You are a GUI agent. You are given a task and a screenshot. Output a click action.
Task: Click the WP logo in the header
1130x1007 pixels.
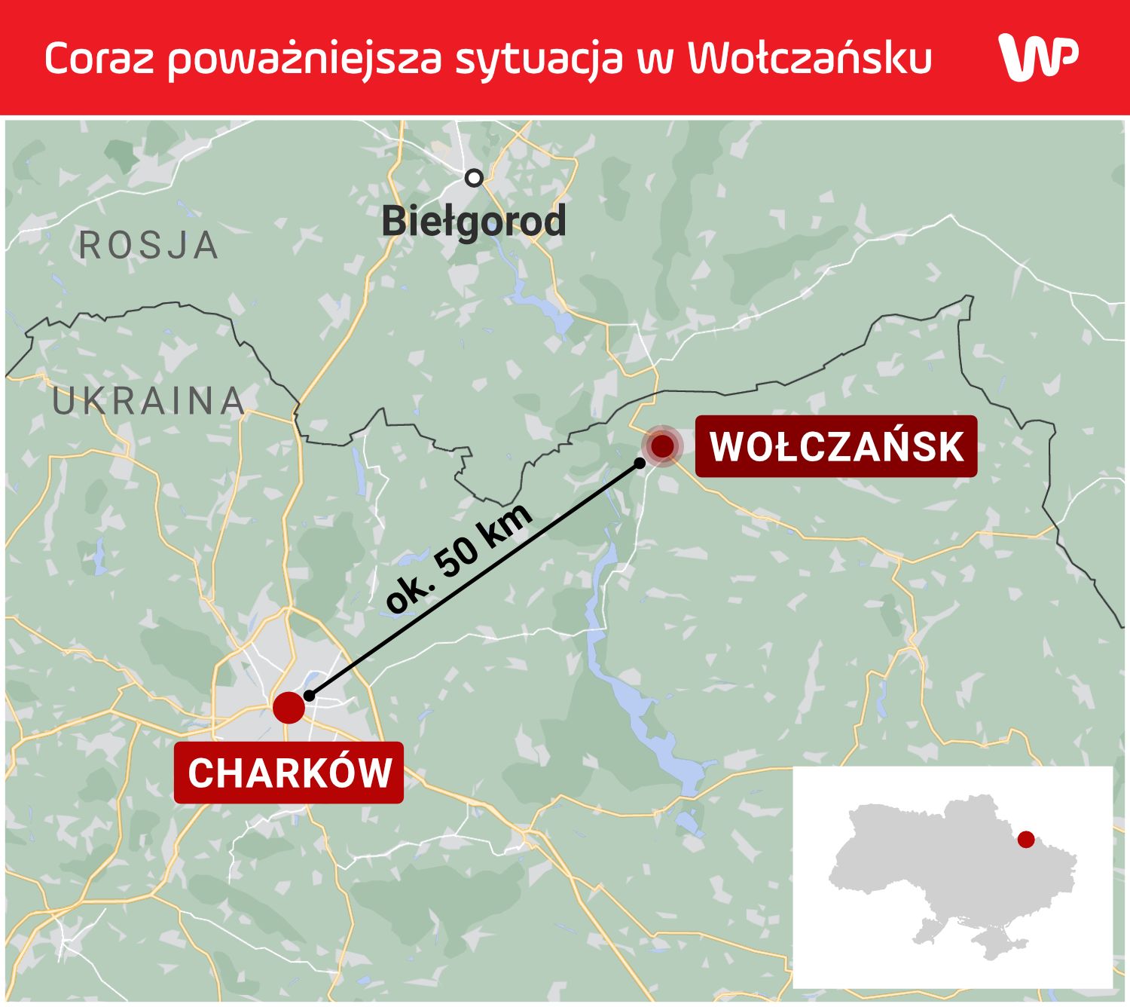(1037, 57)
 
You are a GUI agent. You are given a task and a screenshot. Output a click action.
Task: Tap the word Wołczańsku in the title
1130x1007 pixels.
(810, 58)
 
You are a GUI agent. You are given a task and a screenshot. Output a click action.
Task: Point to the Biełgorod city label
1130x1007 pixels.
(473, 222)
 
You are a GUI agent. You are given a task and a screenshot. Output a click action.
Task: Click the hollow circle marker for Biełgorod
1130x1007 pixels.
(474, 178)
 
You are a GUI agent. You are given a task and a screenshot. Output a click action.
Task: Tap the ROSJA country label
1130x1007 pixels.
(148, 246)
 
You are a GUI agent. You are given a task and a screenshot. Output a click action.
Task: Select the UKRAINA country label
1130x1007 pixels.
(148, 401)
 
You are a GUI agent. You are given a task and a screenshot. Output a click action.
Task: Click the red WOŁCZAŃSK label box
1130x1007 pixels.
(835, 446)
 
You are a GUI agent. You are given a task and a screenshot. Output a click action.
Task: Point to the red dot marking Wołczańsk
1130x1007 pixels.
(662, 445)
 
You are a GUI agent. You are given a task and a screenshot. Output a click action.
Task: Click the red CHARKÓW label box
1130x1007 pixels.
(289, 773)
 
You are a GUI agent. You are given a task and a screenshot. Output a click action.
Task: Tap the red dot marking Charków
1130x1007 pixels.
(289, 707)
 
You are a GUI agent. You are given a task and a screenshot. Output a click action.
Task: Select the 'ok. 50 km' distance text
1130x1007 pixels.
(460, 558)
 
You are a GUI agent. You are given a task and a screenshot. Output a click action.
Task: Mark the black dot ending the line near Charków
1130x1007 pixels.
(309, 696)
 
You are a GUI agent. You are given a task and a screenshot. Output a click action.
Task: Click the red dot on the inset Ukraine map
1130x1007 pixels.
(1025, 839)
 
